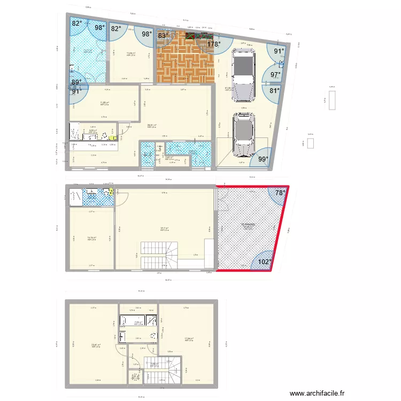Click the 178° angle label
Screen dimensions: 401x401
(214, 44)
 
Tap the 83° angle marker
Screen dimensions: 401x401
(163, 36)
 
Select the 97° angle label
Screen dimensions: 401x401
(275, 75)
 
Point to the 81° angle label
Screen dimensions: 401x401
(274, 90)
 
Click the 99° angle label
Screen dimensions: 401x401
(263, 159)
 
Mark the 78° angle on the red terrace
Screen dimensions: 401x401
(280, 193)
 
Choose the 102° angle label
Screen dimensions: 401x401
(265, 262)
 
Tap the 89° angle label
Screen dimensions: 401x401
(76, 82)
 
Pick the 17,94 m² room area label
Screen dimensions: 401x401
(189, 339)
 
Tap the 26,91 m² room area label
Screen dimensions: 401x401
(151, 126)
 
